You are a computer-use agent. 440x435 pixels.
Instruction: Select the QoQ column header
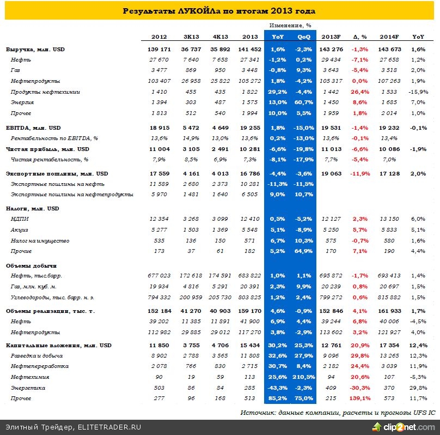coord(303,37)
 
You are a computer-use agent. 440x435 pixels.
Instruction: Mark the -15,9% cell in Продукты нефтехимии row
coord(418,92)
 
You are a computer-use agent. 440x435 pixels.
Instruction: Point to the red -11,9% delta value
coord(361,173)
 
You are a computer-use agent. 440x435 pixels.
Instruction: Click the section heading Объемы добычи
coord(31,265)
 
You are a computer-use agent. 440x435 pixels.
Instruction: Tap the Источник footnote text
coord(337,413)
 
